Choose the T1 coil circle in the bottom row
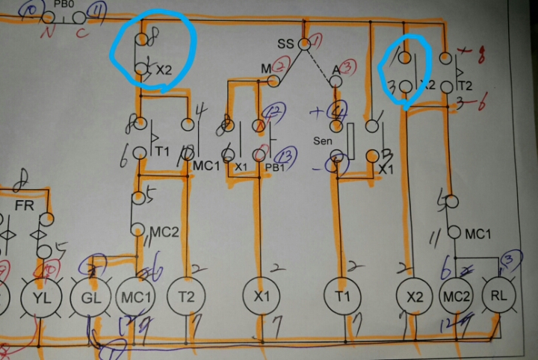pos(342,297)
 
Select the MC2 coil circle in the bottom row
pos(455,297)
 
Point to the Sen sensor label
pos(322,140)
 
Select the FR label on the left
pos(24,204)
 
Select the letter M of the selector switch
pos(265,69)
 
